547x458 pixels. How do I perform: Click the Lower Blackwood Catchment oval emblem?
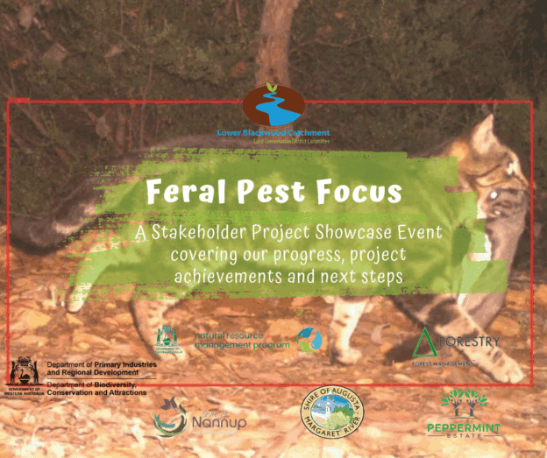[273, 107]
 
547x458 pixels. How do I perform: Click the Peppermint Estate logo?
[463, 412]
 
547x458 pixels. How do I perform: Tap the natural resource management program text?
[233, 339]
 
